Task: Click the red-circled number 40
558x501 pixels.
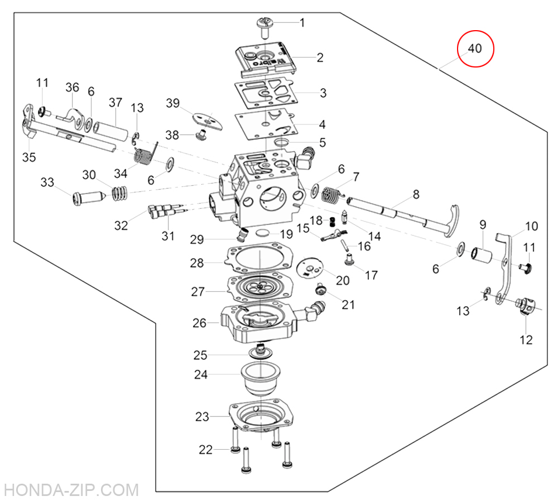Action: coord(475,49)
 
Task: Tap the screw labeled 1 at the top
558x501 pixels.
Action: coord(263,25)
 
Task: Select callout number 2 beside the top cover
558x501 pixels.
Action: coord(320,57)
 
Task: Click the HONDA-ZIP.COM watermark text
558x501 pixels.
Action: coord(70,489)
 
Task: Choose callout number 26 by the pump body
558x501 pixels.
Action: coord(199,322)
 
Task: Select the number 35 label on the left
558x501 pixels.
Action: coord(29,157)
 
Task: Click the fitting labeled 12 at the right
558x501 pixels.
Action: coord(526,305)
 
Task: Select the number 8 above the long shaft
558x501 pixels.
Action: coord(416,195)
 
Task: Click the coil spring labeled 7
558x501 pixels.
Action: coord(331,194)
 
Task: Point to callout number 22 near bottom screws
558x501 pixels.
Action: coord(206,450)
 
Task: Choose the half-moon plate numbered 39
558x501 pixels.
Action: coord(206,119)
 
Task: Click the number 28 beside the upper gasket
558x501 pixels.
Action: coord(197,263)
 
